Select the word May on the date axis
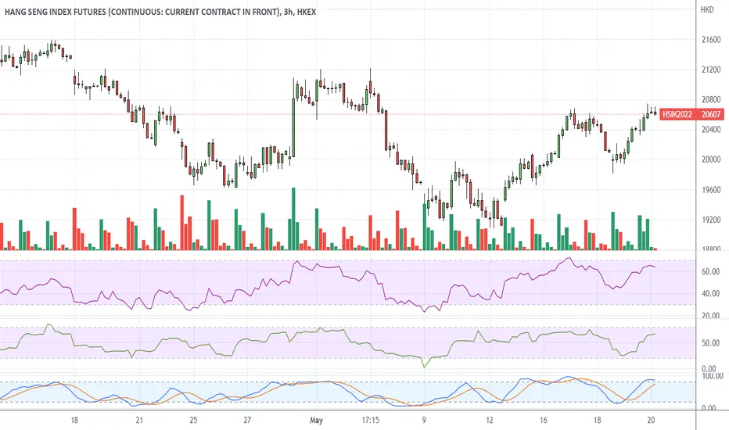coord(317,419)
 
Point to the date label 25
coord(192,419)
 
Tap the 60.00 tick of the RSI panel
coord(710,271)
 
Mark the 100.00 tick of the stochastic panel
coord(712,377)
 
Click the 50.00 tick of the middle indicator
coord(710,342)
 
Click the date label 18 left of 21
coord(74,419)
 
